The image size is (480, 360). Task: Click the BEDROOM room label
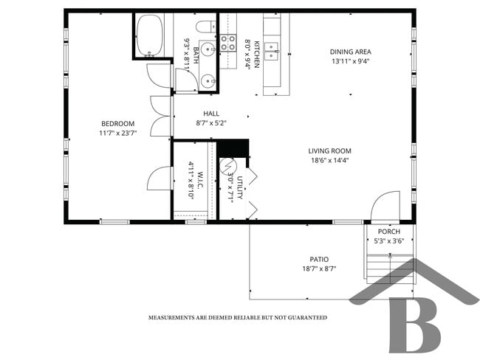pyautogui.click(x=117, y=123)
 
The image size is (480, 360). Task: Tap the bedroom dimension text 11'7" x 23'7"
pyautogui.click(x=117, y=134)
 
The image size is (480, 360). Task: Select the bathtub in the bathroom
pyautogui.click(x=150, y=36)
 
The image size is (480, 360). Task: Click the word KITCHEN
pyautogui.click(x=257, y=54)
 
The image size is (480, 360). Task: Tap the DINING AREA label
pyautogui.click(x=350, y=52)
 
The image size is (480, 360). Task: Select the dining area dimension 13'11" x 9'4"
pyautogui.click(x=350, y=62)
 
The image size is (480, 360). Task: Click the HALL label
pyautogui.click(x=212, y=114)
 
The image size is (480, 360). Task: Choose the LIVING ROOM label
pyautogui.click(x=329, y=151)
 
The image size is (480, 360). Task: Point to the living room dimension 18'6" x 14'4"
pyautogui.click(x=329, y=161)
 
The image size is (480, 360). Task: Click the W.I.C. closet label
pyautogui.click(x=200, y=174)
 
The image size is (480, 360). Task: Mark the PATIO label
pyautogui.click(x=319, y=259)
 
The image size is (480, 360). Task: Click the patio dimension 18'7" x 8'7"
pyautogui.click(x=319, y=269)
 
